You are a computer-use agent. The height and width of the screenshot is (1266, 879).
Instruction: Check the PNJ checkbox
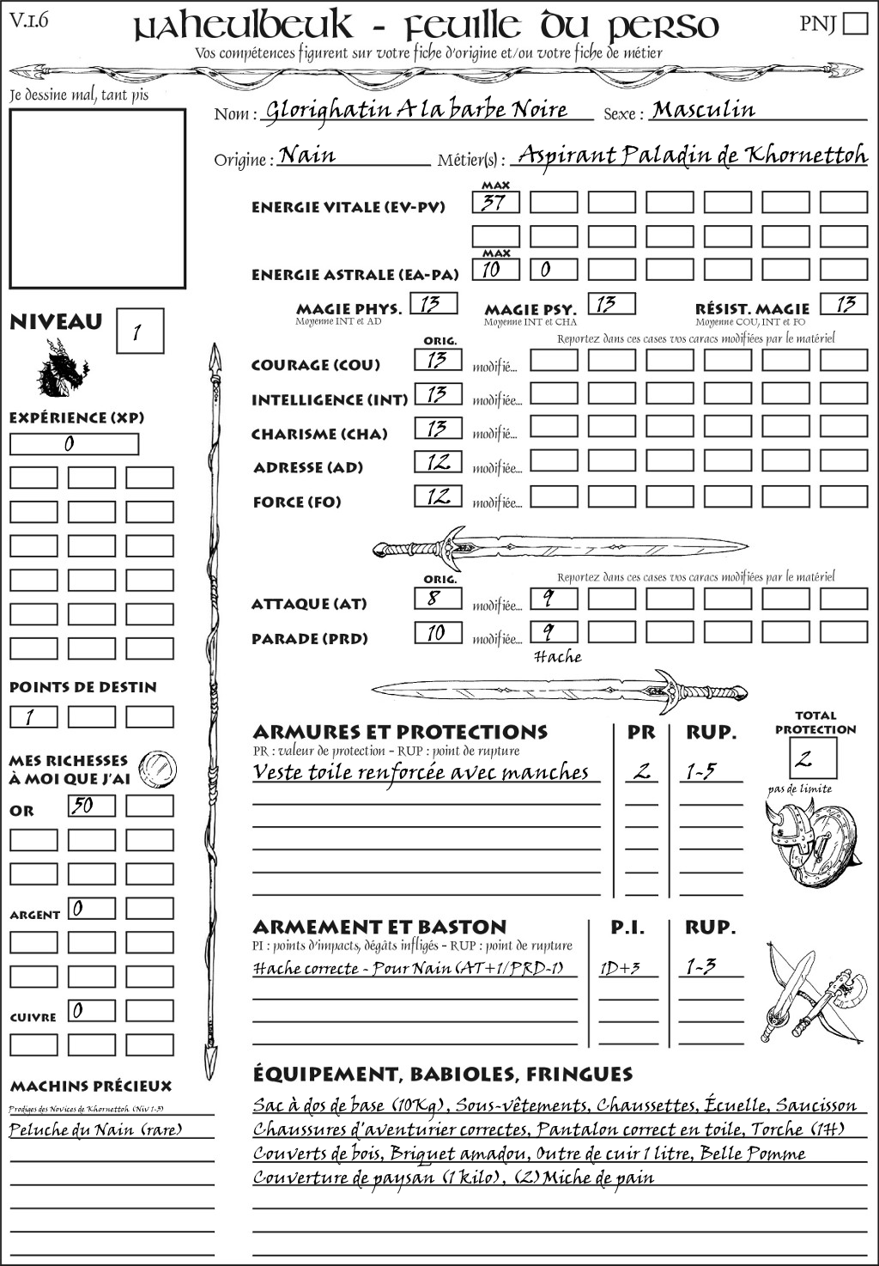(856, 23)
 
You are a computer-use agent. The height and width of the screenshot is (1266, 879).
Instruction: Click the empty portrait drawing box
(97, 198)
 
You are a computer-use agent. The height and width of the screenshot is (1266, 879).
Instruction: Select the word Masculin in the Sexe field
(703, 110)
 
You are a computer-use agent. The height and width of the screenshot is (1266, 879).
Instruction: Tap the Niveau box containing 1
(139, 332)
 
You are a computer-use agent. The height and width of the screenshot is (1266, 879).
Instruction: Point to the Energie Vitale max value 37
(495, 203)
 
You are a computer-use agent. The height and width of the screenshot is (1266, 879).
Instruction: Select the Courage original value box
(438, 360)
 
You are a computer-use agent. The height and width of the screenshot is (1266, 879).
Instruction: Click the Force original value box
(438, 496)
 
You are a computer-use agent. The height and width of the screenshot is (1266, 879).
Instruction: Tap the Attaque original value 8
(438, 599)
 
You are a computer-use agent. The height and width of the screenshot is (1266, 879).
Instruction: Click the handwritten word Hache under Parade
(557, 657)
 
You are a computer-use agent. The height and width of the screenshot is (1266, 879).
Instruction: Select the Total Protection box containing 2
(813, 758)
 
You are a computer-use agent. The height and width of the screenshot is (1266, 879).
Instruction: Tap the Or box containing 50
(91, 806)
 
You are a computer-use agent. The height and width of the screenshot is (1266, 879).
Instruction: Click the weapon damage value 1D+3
(620, 968)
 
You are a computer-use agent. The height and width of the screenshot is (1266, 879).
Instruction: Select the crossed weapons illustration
(810, 992)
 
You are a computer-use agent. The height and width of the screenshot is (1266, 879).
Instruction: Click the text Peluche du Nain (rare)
(95, 1129)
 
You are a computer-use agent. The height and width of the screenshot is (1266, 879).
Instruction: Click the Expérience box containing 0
(74, 444)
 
